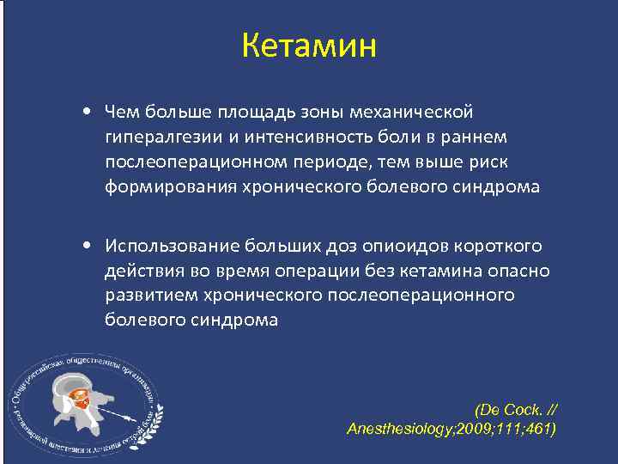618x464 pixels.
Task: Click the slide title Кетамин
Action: coord(309,46)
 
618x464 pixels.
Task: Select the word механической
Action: coord(423,112)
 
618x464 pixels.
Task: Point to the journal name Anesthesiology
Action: coord(397,428)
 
